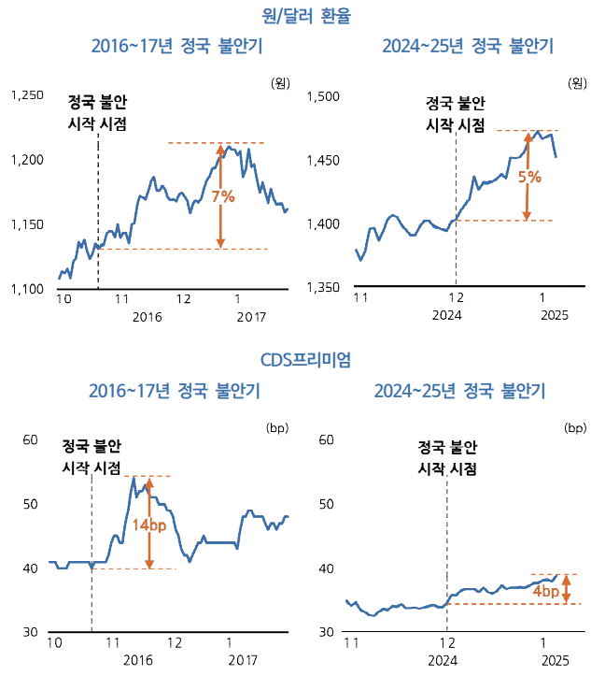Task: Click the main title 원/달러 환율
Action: pos(298,16)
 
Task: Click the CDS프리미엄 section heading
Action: pos(298,359)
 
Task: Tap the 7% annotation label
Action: pos(222,196)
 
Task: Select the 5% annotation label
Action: pos(528,176)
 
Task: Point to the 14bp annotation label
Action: pos(149,525)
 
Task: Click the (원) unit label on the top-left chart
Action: pos(279,83)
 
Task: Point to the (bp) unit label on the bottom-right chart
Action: pos(574,428)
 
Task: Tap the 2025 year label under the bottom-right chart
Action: pos(551,660)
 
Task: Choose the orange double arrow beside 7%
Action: pos(220,196)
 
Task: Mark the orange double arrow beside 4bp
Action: pos(566,589)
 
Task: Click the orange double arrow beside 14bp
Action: pos(148,523)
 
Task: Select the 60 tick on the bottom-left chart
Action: pos(29,439)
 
